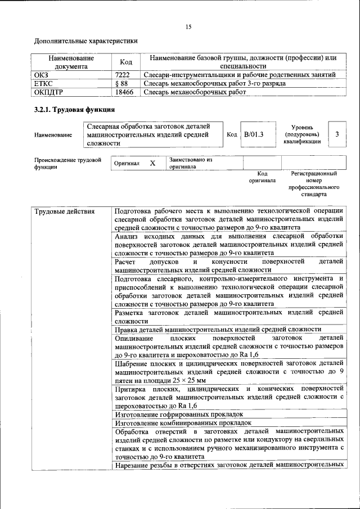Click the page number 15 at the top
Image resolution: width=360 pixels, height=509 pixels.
pos(188,26)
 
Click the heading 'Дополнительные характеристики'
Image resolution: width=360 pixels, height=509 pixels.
pos(86,40)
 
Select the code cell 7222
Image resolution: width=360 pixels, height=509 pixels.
pos(123,74)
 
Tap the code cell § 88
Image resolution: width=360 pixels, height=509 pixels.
pos(121,83)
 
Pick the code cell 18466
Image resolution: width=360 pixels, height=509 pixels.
pos(124,92)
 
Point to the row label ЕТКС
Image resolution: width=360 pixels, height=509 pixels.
pos(43,83)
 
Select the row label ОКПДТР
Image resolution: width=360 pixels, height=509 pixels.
pos(48,92)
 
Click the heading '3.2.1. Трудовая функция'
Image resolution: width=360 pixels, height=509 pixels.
pos(75,109)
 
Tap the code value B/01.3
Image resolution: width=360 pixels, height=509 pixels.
pos(254,135)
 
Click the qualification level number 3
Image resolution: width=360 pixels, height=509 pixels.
pos(336,134)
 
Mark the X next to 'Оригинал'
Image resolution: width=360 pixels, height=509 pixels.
pos(152,163)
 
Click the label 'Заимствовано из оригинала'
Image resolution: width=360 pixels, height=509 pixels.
pos(190,163)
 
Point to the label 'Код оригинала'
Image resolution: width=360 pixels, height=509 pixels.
pos(262,177)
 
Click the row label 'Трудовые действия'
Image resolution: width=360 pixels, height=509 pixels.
pos(65,211)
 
